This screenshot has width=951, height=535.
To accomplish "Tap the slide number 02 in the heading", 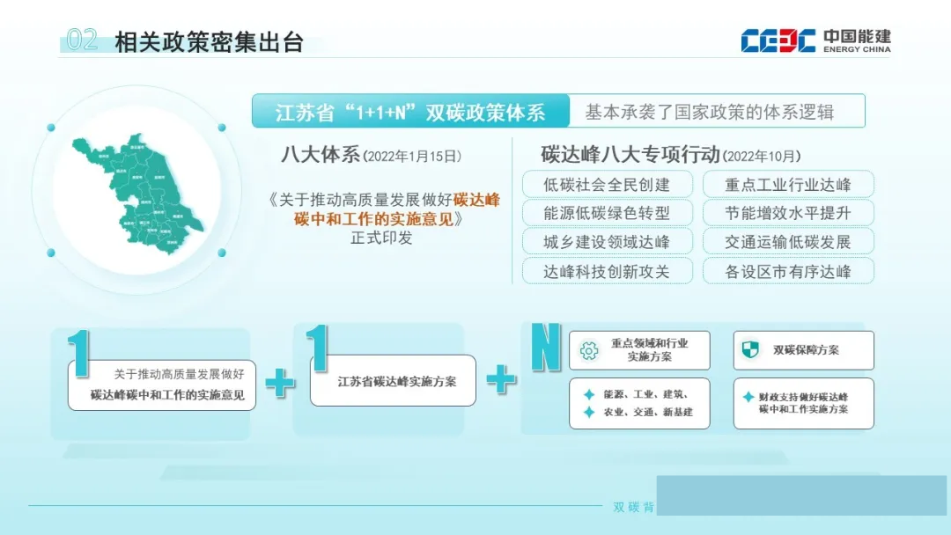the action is [82, 40].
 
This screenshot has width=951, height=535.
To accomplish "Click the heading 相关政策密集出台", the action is [209, 42].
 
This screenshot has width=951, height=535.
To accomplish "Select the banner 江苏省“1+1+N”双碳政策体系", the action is [409, 112].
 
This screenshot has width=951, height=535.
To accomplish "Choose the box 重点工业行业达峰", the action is [788, 185].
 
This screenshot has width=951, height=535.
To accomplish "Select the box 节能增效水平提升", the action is [788, 213].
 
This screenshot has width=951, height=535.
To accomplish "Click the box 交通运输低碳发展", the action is [788, 242].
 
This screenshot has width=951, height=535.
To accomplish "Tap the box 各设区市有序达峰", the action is [788, 271].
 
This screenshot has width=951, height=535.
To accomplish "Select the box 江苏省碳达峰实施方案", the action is [393, 381].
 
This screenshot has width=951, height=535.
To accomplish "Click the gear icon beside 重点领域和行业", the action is [589, 350].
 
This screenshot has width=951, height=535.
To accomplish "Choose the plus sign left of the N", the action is [501, 379].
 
